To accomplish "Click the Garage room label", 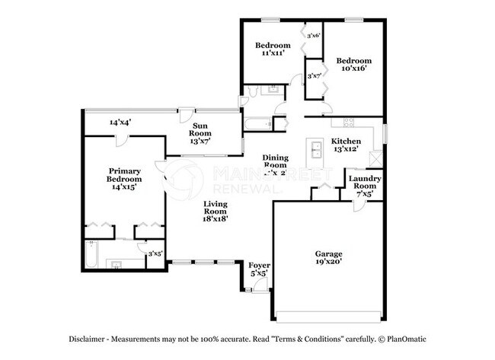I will tap(329, 258).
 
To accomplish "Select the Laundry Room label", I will tap(364, 186).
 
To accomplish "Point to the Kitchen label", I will tap(345, 145).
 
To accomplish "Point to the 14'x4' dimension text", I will tap(120, 122).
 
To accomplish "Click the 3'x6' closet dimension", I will tap(313, 35).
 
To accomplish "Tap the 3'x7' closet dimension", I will tap(314, 75).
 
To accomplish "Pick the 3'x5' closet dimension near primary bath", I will tap(155, 253).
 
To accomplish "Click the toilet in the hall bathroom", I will tap(244, 100).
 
